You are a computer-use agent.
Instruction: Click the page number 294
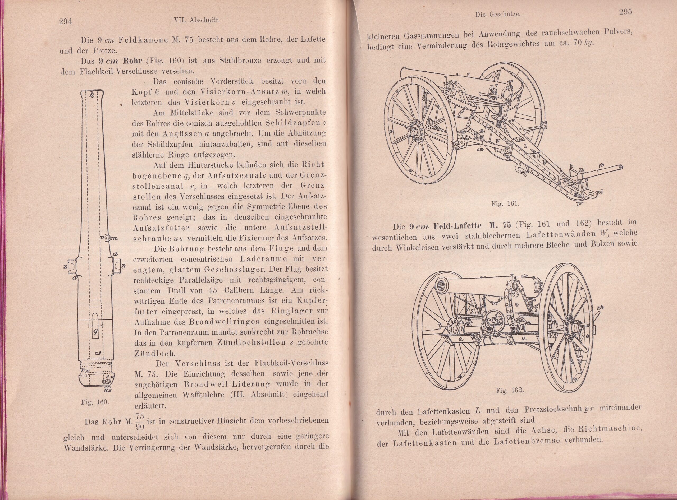coord(65,21)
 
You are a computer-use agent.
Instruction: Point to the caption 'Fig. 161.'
coord(506,203)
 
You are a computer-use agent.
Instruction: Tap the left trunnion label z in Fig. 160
coord(65,266)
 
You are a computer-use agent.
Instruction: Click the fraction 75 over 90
coord(140,421)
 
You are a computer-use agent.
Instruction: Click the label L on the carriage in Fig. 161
coord(525,146)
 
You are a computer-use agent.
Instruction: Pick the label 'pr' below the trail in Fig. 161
coord(579,203)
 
